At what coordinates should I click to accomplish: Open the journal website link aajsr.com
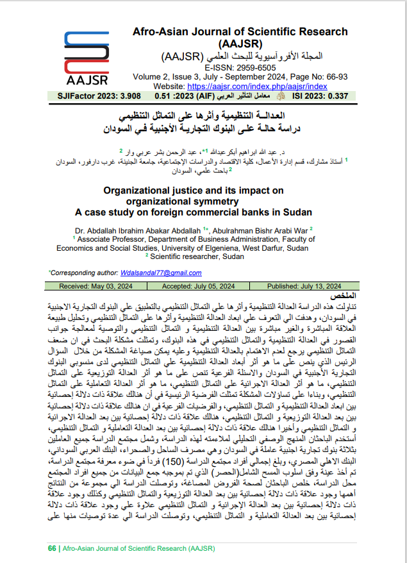(251, 85)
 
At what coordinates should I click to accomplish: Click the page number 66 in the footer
(52, 549)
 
